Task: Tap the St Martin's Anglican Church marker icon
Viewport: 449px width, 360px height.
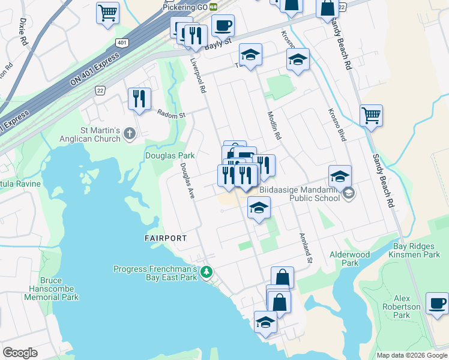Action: (130, 136)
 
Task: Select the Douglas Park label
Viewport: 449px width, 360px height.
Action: (170, 155)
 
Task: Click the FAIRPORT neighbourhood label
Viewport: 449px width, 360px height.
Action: (166, 238)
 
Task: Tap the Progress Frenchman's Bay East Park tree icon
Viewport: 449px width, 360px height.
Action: (206, 273)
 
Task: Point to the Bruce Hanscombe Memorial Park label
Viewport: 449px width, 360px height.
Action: (51, 289)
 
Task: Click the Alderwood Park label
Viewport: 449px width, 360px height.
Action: (350, 259)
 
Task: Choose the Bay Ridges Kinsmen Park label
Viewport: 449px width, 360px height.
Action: (417, 250)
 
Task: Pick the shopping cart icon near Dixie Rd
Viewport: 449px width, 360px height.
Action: (107, 12)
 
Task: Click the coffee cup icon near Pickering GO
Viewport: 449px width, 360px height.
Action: (223, 25)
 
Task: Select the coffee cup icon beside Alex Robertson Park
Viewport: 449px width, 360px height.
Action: (438, 303)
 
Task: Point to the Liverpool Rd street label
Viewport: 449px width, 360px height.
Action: (198, 75)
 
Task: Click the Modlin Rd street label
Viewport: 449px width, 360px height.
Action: (274, 125)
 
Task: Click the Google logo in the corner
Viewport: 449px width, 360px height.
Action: (20, 353)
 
